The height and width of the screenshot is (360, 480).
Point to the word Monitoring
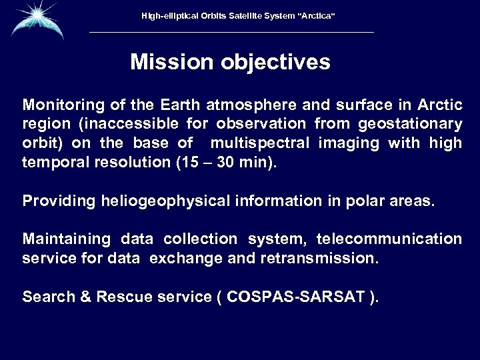point(59,106)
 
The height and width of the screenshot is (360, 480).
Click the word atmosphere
point(245,106)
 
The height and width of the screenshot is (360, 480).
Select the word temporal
point(51,162)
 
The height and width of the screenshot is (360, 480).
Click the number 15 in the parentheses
point(188,162)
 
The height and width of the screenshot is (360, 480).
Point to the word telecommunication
point(389,239)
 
